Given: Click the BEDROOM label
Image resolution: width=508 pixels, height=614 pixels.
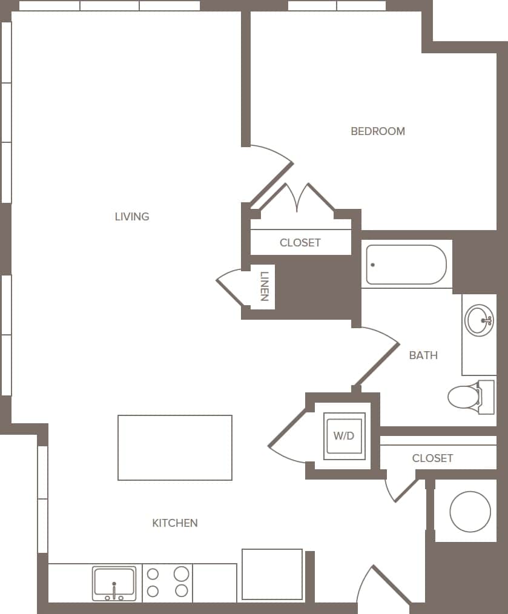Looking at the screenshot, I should click(378, 131).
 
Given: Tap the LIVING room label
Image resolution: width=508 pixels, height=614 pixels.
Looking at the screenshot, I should click(132, 216).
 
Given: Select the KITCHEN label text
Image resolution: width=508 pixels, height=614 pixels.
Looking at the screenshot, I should click(175, 523).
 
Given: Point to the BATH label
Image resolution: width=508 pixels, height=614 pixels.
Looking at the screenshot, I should click(423, 355).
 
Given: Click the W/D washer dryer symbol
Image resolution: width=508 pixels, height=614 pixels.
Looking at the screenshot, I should click(344, 435).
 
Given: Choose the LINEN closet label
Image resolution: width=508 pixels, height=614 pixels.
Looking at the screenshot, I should click(263, 287).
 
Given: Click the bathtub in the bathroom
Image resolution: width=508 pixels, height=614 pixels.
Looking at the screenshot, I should click(407, 265).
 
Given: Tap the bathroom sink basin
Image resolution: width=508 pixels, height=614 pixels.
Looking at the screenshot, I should click(480, 320).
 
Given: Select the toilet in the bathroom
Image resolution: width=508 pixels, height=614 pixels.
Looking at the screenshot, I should click(465, 397).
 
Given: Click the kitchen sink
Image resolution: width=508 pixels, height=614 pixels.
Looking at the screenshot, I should click(114, 583).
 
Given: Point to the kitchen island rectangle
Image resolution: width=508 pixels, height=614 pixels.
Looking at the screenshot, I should click(175, 447).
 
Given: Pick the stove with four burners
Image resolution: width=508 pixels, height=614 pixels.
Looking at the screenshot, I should click(167, 583).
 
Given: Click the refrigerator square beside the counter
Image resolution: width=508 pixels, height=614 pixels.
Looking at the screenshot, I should click(272, 574).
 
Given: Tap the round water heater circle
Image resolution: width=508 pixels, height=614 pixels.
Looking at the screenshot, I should click(470, 512).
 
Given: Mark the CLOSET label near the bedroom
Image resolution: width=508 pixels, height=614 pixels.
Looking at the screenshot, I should click(300, 243).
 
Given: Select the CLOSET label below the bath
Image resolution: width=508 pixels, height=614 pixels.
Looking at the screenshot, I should click(432, 458).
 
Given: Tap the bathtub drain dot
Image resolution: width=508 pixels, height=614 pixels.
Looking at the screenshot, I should click(372, 265).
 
